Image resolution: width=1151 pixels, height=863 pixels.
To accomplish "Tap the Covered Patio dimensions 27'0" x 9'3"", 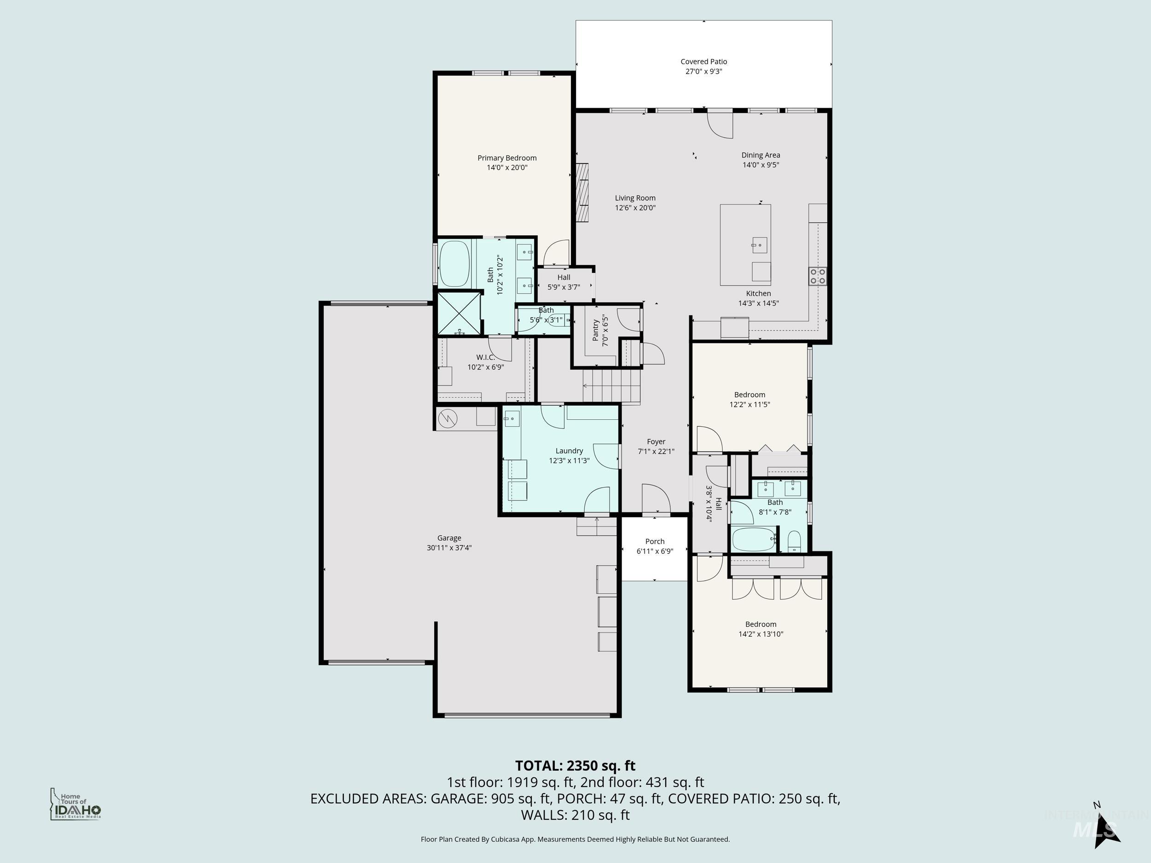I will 703,71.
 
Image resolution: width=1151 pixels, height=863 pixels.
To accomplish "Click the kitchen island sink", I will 759,244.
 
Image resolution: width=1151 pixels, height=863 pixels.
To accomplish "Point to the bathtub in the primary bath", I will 454,264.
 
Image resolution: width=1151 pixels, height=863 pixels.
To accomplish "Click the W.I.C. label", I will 485,357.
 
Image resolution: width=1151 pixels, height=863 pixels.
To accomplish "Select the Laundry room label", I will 569,451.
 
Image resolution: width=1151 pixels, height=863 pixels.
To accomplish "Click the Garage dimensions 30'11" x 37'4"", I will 449,548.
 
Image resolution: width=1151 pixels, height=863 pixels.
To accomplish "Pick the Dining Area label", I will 760,155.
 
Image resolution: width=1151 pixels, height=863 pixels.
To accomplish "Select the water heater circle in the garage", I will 448,418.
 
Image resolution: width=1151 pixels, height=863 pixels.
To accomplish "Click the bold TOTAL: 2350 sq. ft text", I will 575,766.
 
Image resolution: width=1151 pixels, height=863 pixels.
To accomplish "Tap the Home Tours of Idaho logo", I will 75,804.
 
